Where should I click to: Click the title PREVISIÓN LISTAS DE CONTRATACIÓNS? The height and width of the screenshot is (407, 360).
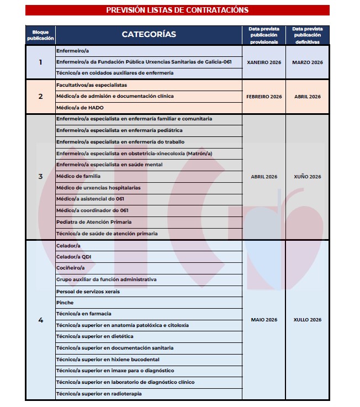tap(177, 10)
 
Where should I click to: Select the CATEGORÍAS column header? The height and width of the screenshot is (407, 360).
tap(149, 34)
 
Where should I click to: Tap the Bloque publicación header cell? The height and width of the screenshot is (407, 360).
tap(40, 35)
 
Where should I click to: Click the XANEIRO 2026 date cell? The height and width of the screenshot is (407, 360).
tap(264, 62)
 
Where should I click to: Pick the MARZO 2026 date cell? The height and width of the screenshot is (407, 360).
tap(308, 62)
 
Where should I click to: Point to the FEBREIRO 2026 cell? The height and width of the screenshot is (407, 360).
tap(264, 97)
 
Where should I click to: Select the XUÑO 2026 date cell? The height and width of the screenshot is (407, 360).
tap(308, 177)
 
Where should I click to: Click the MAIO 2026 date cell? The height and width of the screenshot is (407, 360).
tap(264, 320)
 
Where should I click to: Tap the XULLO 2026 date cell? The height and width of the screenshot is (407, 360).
tap(308, 320)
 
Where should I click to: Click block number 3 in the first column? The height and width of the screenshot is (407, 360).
tap(40, 177)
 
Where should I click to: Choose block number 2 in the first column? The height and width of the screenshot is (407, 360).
tap(40, 97)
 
